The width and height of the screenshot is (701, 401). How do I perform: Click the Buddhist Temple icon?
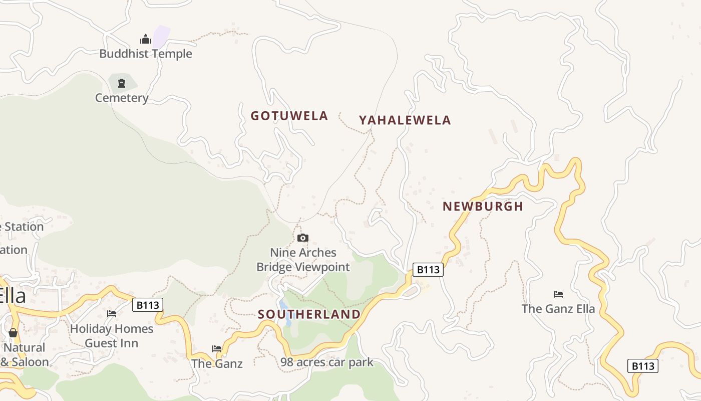tap(146, 39)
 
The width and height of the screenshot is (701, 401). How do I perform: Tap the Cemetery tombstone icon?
tap(122, 83)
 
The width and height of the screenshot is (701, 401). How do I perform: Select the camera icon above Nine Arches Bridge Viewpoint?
tap(303, 238)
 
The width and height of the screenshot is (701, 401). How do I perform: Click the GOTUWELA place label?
tap(289, 116)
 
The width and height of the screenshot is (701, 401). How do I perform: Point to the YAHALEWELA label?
tap(405, 120)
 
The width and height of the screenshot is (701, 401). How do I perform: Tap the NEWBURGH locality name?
tap(483, 207)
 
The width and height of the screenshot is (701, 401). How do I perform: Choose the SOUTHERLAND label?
tap(309, 314)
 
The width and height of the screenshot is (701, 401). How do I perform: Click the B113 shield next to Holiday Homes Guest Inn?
tap(148, 305)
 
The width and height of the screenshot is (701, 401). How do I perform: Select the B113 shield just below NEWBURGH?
tap(428, 270)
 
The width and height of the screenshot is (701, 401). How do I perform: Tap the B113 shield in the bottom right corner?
tap(642, 366)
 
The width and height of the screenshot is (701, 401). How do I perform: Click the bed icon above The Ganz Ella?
tap(558, 294)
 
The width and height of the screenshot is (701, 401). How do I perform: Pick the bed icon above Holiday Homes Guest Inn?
tap(112, 314)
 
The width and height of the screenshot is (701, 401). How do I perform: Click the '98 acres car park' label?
tap(326, 362)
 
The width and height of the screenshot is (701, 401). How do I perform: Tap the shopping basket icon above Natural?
tap(13, 333)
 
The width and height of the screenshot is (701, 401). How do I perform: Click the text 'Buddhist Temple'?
tap(146, 54)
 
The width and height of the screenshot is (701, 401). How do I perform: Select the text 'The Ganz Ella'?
tap(558, 308)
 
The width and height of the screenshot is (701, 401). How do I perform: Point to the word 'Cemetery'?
tap(122, 98)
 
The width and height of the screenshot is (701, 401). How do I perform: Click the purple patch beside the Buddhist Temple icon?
tap(161, 36)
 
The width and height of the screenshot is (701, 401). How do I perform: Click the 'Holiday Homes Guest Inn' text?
tap(112, 336)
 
